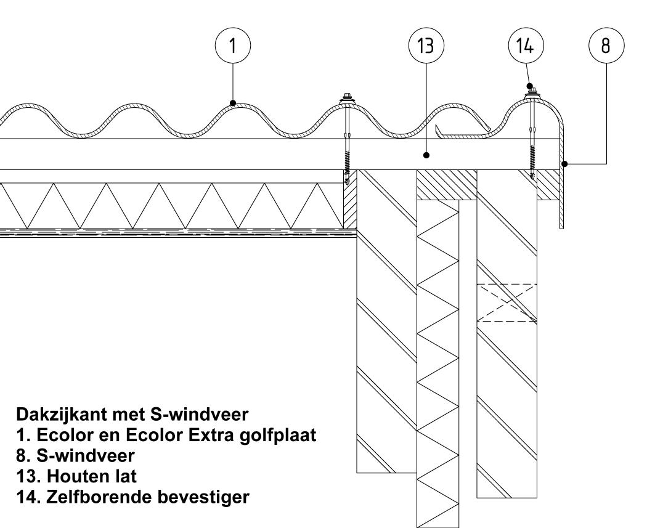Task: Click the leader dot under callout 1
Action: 233,103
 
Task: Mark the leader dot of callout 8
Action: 564,163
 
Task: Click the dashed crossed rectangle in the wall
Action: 507,302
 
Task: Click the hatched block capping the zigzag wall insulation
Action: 446,185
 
